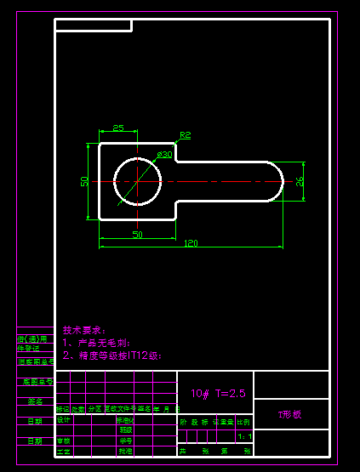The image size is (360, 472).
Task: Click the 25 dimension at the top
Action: pos(118,128)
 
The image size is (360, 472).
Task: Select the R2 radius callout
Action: pos(185,135)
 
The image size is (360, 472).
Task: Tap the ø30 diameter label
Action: pos(164,155)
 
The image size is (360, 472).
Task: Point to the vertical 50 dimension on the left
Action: pos(85,181)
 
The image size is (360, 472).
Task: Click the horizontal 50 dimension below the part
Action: pos(137,234)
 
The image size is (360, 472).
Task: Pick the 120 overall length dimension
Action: pos(191,243)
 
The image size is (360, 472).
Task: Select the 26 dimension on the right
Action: pos(299,181)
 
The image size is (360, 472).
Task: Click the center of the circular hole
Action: pos(137,181)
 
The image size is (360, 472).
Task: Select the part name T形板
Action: pos(290,414)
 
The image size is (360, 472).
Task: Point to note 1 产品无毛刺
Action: pos(97,343)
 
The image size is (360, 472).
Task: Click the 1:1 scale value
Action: pos(245,436)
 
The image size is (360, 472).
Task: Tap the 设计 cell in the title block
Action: pos(64,420)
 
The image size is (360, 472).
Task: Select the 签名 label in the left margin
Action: pos(35,401)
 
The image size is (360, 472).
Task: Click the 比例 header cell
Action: pos(244,421)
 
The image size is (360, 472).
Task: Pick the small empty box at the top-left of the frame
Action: pos(93,25)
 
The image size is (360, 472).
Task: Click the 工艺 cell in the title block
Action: pos(64,451)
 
